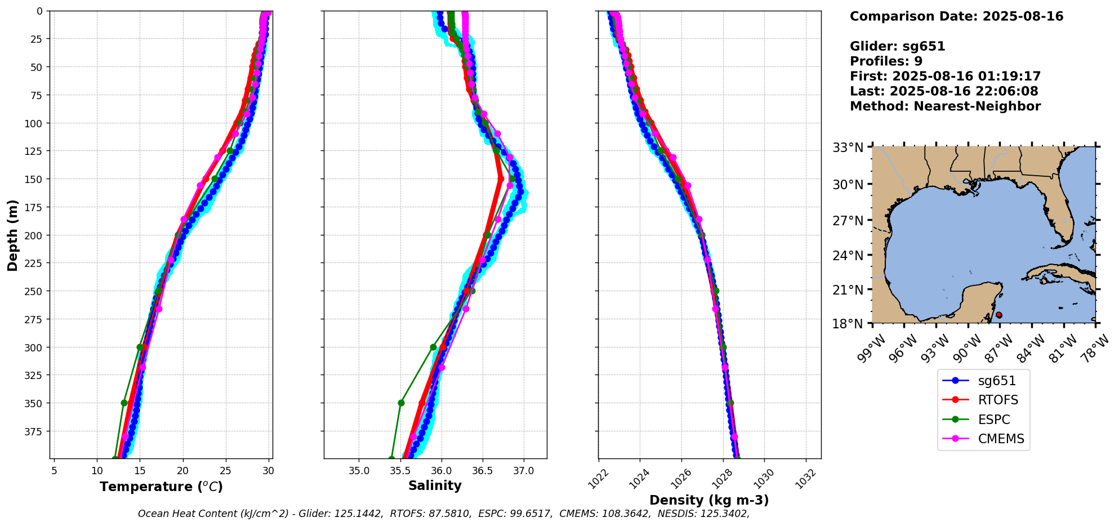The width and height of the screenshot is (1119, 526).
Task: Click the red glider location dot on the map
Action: [x=998, y=315]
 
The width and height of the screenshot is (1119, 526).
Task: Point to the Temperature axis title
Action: [x=161, y=487]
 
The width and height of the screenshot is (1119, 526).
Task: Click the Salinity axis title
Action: [x=435, y=485]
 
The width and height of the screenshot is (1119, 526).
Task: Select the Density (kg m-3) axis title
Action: [x=709, y=500]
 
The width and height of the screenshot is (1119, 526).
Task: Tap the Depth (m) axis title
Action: [x=12, y=235]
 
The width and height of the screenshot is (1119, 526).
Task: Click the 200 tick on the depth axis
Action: [x=37, y=235]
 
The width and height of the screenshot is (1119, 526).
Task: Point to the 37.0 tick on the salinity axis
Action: [x=523, y=470]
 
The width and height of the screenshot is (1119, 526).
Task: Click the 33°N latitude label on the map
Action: [x=848, y=148]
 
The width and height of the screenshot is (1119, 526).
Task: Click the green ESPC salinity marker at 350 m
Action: [x=401, y=403]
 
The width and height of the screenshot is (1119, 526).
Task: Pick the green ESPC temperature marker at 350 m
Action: [x=124, y=403]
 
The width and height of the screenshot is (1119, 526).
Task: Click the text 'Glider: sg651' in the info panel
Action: [x=897, y=46]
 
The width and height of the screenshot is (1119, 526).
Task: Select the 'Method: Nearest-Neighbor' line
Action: [x=945, y=106]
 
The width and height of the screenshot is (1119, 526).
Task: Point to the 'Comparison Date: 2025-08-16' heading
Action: [x=956, y=16]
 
